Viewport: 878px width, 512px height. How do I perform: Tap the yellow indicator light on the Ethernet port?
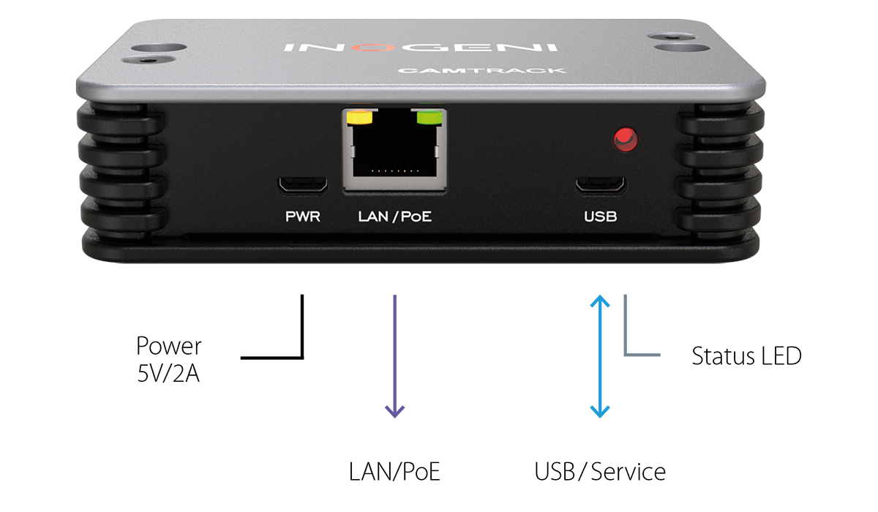359,117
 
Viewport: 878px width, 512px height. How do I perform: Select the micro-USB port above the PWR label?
302,184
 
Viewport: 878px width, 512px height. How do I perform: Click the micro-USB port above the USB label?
601,184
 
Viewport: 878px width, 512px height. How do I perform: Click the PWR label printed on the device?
302,217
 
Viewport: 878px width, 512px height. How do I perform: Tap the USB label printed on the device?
601,217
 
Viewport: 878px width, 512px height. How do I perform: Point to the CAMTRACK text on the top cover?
482,70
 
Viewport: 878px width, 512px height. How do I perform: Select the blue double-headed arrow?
600,356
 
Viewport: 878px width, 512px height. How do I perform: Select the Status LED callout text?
746,356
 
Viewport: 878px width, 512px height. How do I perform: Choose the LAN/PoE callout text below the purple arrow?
395,472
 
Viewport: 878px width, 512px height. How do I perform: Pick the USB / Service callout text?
600,472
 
